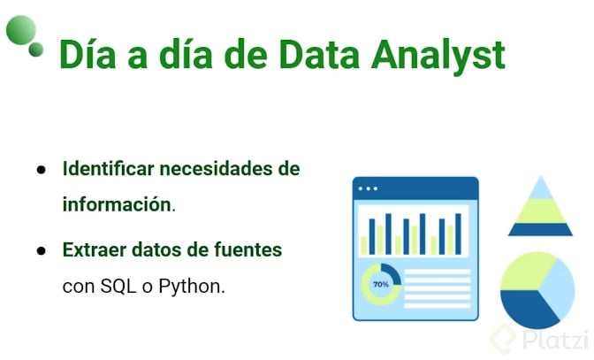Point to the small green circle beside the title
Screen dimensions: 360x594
click(36, 50)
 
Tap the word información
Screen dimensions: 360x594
click(117, 204)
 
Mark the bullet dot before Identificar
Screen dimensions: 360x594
click(41, 169)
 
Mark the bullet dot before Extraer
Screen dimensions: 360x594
click(41, 251)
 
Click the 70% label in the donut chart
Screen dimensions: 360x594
click(381, 285)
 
